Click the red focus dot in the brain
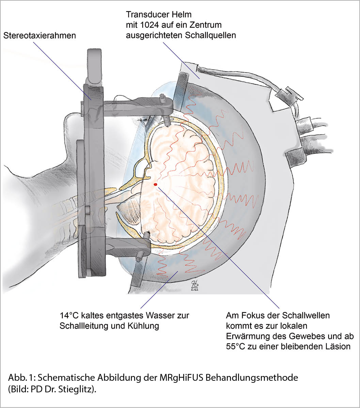(155, 184)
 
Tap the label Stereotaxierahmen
(40, 35)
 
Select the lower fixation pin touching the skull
(147, 235)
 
